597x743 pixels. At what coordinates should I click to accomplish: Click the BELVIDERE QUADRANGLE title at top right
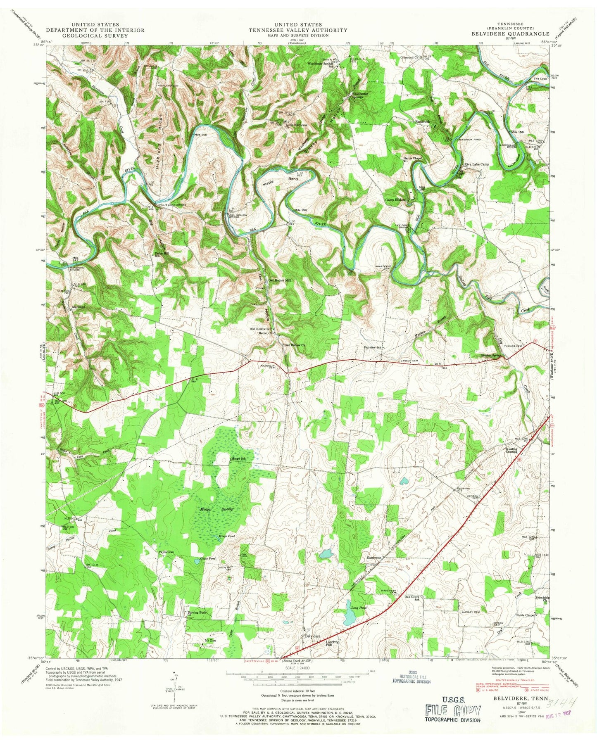pos(511,34)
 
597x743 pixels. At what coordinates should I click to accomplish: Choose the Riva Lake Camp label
pos(476,164)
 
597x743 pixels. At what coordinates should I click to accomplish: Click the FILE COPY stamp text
pos(453,710)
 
